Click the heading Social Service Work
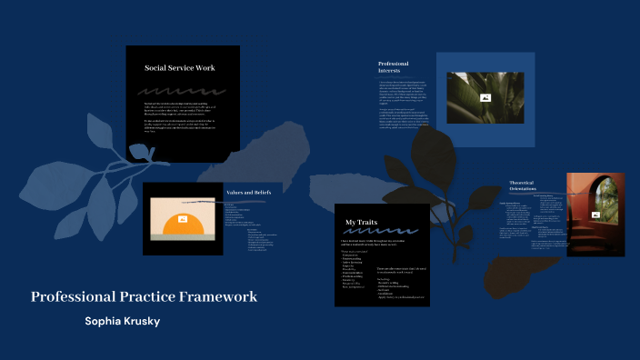coord(179,68)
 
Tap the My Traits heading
coord(361,222)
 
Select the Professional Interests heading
coord(395,66)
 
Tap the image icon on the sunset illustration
coord(183,219)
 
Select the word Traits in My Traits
coord(367,222)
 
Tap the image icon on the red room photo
coord(595,215)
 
